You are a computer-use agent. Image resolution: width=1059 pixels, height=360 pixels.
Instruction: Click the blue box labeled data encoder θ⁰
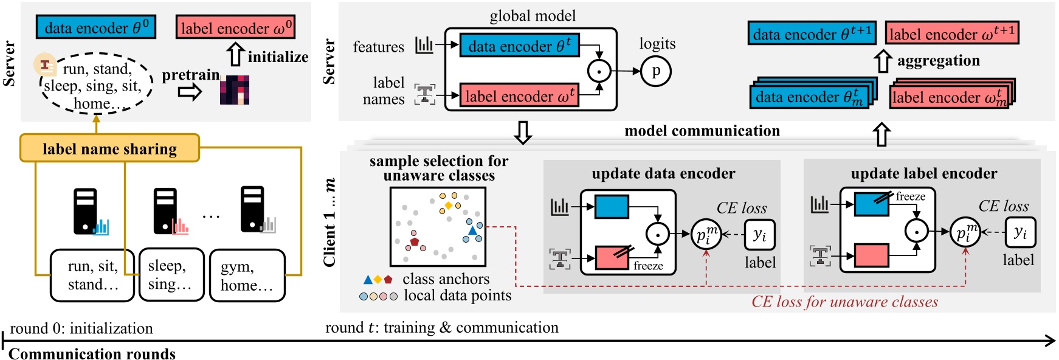pos(96,28)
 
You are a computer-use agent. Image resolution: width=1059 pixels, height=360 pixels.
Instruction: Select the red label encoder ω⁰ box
pos(236,28)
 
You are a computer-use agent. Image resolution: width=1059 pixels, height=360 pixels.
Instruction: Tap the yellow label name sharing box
pos(109,148)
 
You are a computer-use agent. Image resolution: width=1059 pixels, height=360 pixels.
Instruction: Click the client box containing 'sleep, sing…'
pos(171,275)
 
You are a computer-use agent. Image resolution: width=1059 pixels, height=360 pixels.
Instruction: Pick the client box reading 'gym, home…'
pos(247,275)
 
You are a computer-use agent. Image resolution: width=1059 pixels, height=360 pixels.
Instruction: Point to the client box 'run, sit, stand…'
pos(92,275)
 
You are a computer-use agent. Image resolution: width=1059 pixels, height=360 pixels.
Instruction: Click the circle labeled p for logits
pos(656,71)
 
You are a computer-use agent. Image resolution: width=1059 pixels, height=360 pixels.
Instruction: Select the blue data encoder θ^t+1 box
pos(812,34)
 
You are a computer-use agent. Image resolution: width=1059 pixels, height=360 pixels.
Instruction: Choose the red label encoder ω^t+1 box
pos(951,33)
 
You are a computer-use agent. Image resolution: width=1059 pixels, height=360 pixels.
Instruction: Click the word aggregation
pos(938,60)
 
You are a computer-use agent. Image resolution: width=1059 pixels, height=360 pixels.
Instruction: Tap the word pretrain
pos(190,75)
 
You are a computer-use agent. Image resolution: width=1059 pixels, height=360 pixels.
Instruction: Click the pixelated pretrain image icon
pos(235,90)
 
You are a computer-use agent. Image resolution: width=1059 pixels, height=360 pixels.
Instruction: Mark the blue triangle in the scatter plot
pos(472,230)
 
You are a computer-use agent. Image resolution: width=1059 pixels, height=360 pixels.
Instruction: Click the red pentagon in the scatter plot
pos(414,241)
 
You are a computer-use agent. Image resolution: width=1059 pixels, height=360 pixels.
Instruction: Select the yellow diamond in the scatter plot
pos(449,205)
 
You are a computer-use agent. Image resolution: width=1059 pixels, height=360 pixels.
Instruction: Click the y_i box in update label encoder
pos(1020,232)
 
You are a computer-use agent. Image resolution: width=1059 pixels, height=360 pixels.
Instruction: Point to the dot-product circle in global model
pos(599,71)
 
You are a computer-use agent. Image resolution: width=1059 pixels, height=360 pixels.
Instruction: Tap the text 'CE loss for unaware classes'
pos(844,302)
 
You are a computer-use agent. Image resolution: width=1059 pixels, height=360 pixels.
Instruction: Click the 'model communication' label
pos(702,131)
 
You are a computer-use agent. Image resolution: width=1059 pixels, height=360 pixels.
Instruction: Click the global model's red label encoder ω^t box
pos(519,96)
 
